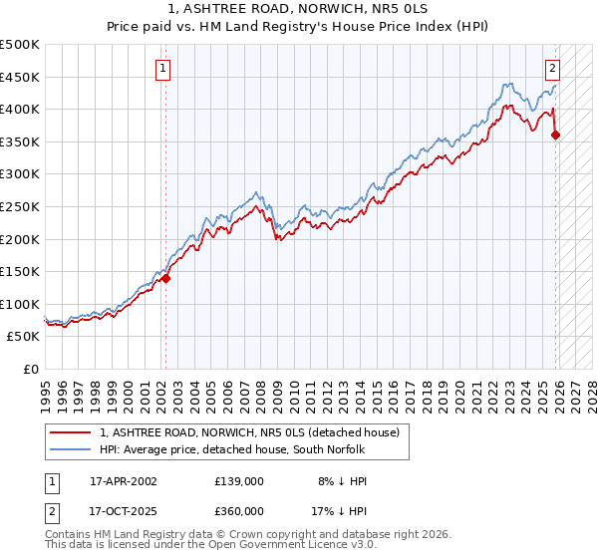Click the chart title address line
299,8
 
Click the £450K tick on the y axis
21,77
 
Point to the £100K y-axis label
21,304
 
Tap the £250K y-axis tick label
21,206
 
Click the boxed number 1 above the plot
161,69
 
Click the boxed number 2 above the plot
552,69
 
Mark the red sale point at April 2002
166,279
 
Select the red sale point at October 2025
556,136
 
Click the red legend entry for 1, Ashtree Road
249,432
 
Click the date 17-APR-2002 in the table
123,480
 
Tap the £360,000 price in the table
239,510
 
